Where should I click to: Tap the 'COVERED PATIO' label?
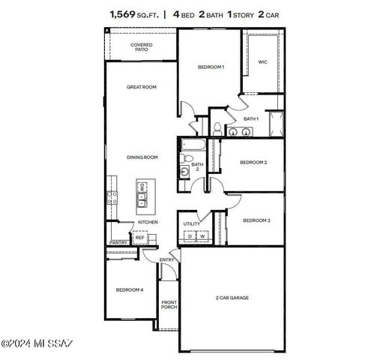[x=141, y=47]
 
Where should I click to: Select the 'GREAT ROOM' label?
[x=141, y=88]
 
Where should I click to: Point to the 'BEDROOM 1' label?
[x=211, y=67]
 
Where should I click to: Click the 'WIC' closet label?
[x=263, y=62]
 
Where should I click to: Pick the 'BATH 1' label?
[x=251, y=118]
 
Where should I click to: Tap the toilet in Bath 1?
[x=216, y=128]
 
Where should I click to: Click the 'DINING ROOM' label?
[x=142, y=157]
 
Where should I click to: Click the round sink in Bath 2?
[x=184, y=171]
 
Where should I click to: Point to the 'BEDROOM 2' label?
[x=253, y=162]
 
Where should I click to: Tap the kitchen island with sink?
[x=142, y=194]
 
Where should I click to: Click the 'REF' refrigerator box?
[x=139, y=238]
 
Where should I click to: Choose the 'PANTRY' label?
[x=118, y=242]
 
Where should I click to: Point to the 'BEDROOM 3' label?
[x=256, y=220]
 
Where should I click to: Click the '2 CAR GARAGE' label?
[x=232, y=298]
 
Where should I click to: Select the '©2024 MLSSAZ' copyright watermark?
[x=37, y=344]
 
